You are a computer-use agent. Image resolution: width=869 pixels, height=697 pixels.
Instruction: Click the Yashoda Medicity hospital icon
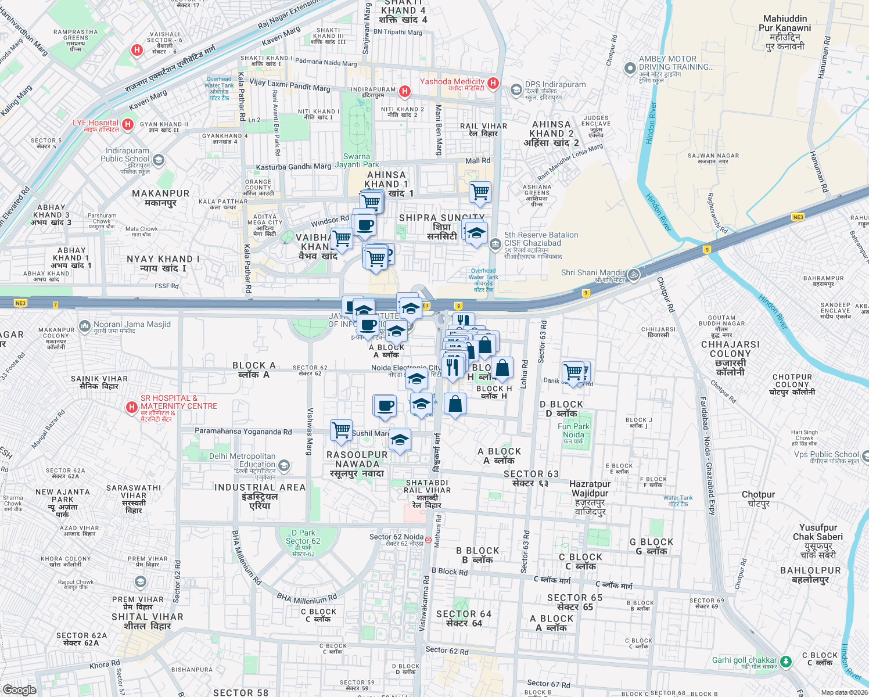[x=493, y=83]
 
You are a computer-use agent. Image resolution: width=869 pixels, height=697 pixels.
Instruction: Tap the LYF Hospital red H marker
[x=128, y=124]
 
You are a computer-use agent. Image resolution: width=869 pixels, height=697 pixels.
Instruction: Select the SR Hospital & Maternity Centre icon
[x=132, y=407]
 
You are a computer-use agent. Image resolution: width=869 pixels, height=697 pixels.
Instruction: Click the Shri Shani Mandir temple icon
[x=634, y=274]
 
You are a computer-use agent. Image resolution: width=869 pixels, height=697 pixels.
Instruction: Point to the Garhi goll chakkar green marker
[x=786, y=662]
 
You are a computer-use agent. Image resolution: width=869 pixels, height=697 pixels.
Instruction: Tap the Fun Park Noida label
[x=573, y=430]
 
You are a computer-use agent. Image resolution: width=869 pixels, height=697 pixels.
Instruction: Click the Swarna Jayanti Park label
[x=357, y=160]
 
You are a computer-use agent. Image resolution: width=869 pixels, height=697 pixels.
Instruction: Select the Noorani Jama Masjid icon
[x=85, y=326]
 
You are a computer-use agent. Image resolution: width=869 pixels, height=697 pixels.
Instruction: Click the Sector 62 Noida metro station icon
[x=428, y=540]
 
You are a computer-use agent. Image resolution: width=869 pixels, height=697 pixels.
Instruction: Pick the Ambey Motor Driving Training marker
[x=630, y=69]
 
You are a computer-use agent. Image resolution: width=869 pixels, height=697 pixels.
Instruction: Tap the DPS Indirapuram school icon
[x=516, y=90]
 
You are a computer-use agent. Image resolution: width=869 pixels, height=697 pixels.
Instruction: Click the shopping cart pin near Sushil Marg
[x=341, y=430]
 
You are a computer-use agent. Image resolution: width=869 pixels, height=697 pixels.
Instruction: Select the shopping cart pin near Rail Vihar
[x=480, y=192]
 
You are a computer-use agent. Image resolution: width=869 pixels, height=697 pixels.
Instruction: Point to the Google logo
[x=20, y=689]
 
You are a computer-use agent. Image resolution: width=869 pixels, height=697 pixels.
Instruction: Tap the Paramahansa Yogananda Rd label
[x=243, y=432]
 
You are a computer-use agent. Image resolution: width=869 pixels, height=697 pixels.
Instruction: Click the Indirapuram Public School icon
[x=159, y=160]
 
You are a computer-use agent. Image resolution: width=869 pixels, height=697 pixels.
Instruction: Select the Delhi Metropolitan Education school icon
[x=284, y=465]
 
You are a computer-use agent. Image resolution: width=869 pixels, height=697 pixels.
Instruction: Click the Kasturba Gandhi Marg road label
[x=293, y=167]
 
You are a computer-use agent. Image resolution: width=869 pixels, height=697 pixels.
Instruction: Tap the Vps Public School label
[x=826, y=454]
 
